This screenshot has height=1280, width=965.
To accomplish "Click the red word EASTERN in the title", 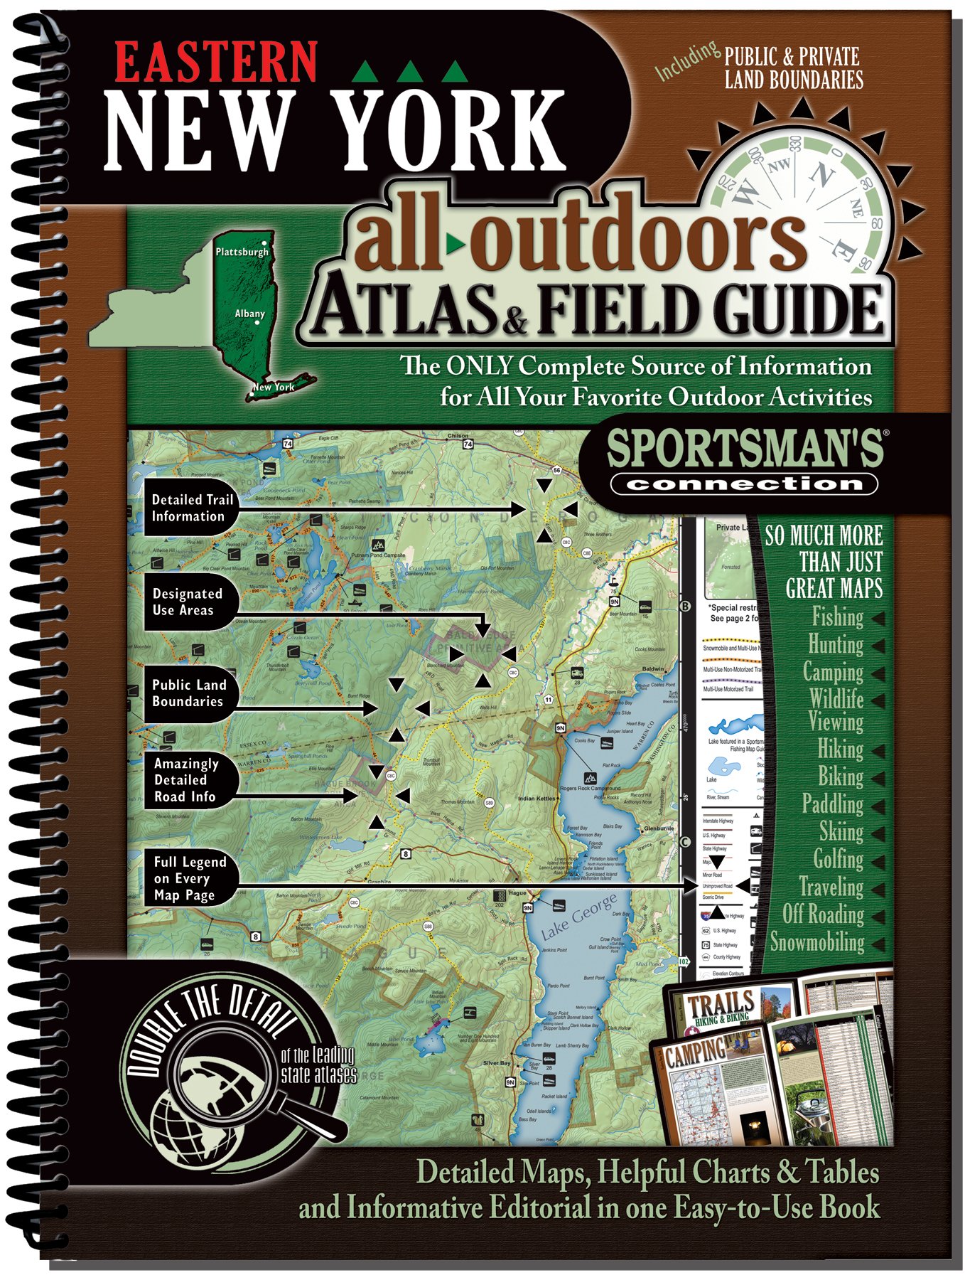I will [215, 63].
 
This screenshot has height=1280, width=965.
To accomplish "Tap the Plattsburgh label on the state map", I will [242, 252].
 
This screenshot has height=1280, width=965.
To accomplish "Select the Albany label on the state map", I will [249, 314].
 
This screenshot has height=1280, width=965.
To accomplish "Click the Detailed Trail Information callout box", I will [190, 508].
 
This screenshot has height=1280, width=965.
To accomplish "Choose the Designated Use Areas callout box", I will [187, 602].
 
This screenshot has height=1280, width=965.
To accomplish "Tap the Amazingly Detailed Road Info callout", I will [185, 779].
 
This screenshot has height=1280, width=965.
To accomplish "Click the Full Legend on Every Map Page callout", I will [189, 878].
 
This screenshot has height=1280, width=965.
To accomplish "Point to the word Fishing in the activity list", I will [837, 617].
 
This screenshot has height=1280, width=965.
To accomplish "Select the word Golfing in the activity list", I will [838, 859].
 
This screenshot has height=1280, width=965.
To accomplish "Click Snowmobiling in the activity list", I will [817, 942].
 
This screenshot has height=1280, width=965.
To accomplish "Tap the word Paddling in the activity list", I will [832, 804].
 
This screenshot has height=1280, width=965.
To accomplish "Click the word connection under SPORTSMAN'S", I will [744, 484].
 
